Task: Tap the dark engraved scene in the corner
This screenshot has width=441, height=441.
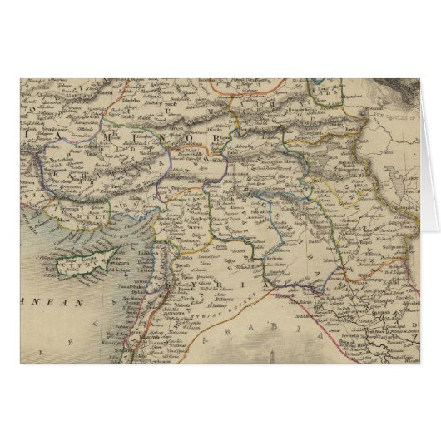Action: (416, 92)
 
